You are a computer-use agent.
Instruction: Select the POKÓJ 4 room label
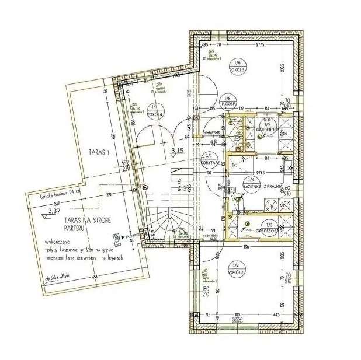click(x=155, y=113)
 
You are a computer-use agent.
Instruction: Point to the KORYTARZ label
click(x=209, y=164)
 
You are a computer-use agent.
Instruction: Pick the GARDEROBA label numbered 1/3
click(x=269, y=229)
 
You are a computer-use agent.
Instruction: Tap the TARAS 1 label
click(x=99, y=153)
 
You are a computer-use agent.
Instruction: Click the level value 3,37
click(x=54, y=211)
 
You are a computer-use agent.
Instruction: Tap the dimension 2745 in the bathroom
click(x=249, y=173)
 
